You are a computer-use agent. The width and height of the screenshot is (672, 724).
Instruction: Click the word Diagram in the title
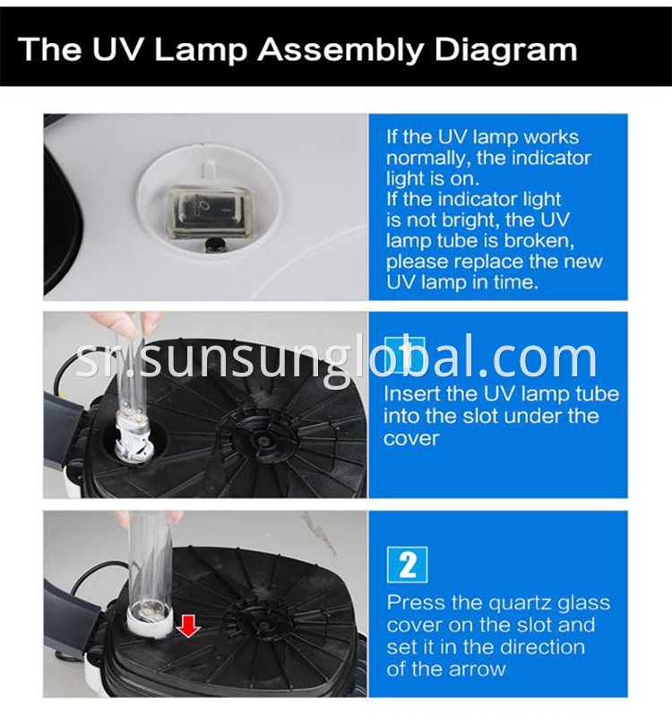click(x=505, y=50)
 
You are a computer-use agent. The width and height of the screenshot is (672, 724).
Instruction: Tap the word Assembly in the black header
click(x=340, y=50)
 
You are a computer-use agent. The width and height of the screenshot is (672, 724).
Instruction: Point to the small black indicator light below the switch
click(x=214, y=246)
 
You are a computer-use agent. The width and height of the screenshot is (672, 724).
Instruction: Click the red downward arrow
click(x=188, y=625)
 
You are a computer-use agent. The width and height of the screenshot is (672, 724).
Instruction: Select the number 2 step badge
click(x=407, y=565)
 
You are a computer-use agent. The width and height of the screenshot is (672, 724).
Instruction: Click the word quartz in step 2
click(x=514, y=604)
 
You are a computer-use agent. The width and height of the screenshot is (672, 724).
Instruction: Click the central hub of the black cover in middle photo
click(x=263, y=438)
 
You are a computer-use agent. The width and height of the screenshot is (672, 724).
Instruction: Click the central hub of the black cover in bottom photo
click(x=263, y=625)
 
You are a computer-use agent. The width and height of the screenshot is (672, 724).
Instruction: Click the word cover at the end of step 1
click(x=411, y=439)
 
